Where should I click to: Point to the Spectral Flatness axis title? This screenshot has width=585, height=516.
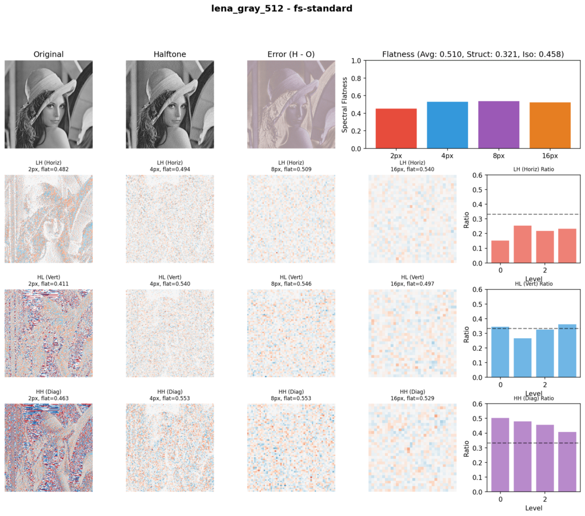tap(344, 104)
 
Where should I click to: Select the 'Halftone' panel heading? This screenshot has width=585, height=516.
tap(170, 54)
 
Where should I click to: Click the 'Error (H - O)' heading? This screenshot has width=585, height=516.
tap(291, 54)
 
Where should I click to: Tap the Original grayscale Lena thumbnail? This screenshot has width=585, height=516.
tap(49, 104)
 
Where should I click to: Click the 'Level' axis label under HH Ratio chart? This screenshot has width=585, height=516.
tap(533, 507)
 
